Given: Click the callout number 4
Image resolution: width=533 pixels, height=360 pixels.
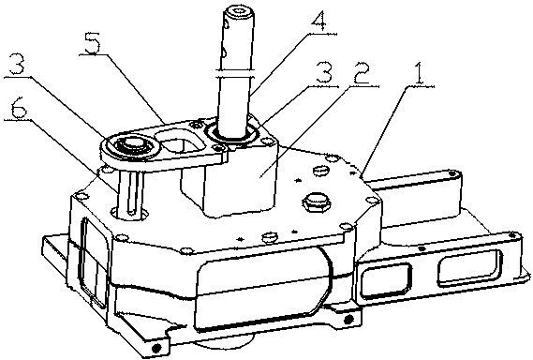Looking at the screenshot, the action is tap(319, 22).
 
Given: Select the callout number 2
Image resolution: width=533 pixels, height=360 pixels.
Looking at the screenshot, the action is tap(361, 74).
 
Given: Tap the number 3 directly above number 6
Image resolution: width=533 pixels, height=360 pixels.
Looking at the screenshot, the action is tap(17, 65).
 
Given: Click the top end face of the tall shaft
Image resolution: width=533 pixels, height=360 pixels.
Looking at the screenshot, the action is tap(240, 12).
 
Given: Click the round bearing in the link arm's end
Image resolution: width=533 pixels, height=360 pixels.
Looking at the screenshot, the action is tap(134, 145).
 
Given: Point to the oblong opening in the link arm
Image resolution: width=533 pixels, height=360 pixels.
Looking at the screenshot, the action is tap(181, 142).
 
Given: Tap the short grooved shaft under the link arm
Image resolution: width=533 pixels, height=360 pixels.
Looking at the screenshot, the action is tap(130, 194).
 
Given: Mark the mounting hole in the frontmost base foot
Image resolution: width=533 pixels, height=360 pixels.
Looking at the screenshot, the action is tap(156, 348).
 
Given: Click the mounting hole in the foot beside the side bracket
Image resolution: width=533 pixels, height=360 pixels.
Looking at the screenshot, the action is tap(348, 319).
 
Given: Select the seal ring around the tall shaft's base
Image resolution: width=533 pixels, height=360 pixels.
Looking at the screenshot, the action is tap(231, 133).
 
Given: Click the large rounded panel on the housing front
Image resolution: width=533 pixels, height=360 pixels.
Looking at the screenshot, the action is tap(262, 291).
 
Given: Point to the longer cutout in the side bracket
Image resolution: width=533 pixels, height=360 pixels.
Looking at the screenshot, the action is tap(470, 267).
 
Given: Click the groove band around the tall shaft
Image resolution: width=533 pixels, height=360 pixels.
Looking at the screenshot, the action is tap(235, 72).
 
